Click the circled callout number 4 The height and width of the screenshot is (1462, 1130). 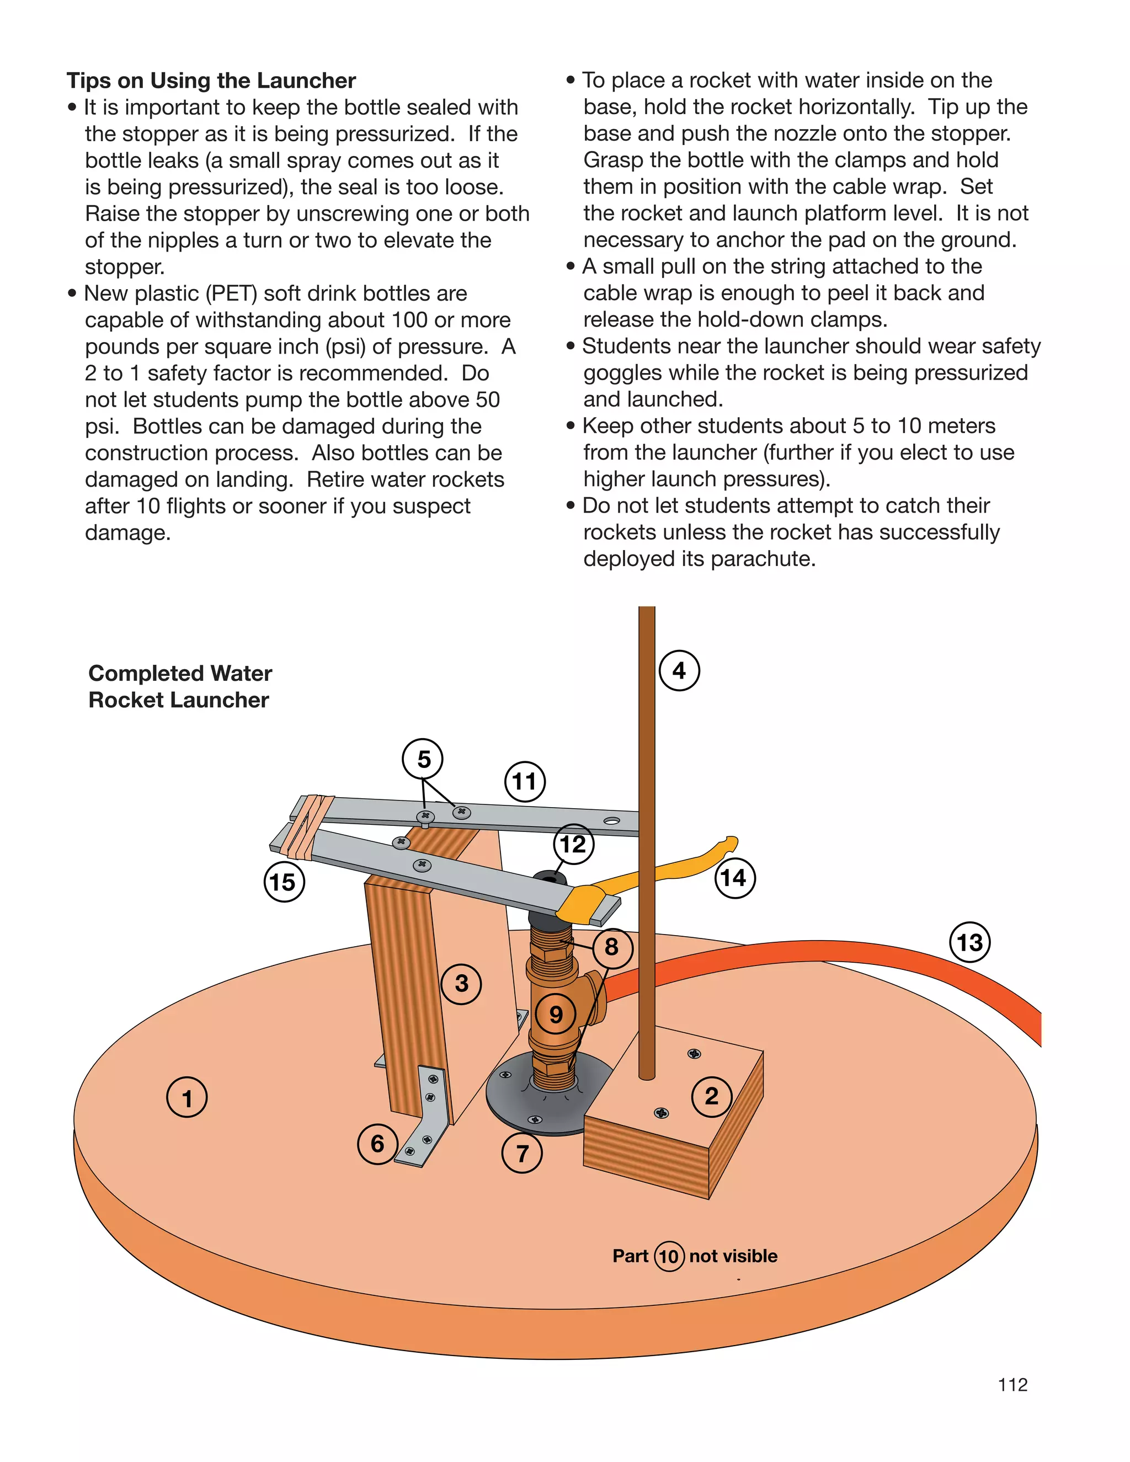[679, 670]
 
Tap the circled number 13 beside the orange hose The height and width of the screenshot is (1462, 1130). [969, 942]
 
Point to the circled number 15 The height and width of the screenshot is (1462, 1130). [283, 882]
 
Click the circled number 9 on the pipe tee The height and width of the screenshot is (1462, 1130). [556, 1014]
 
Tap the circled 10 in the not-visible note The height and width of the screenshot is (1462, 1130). [669, 1256]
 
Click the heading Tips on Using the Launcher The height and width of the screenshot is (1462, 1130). [211, 81]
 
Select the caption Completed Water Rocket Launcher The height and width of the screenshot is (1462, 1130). [179, 686]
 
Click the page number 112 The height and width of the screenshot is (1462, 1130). [1012, 1384]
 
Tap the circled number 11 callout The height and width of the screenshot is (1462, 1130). [524, 781]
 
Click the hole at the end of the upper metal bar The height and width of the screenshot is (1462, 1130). [611, 821]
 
